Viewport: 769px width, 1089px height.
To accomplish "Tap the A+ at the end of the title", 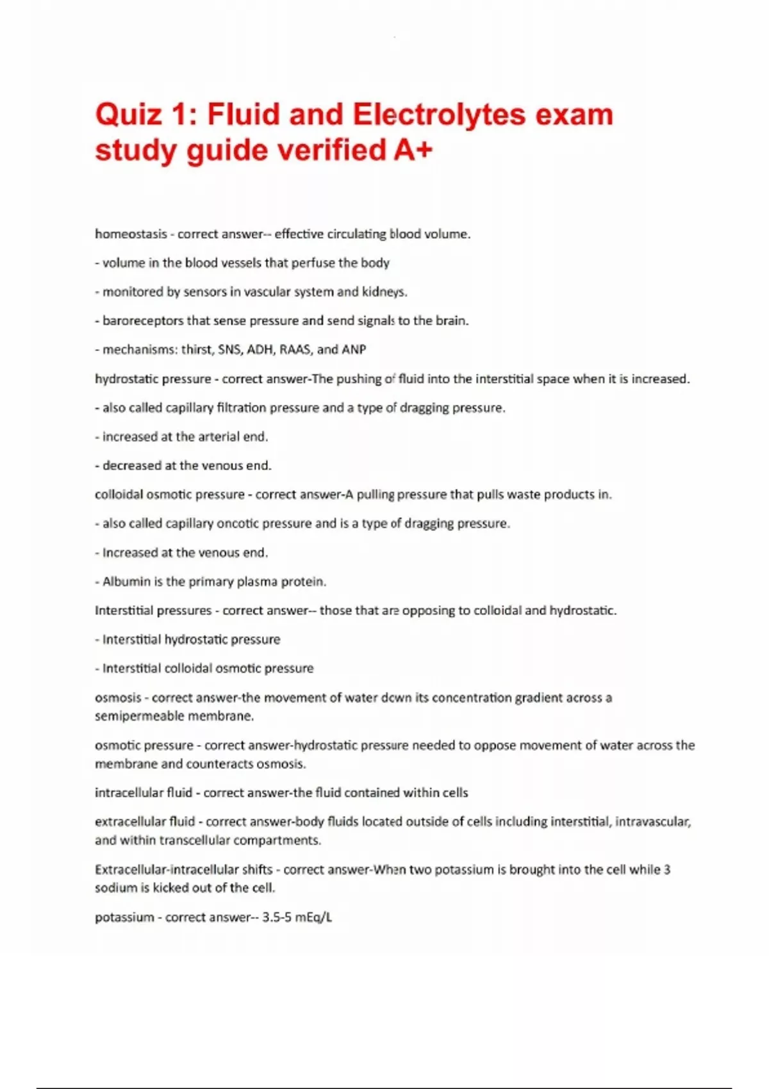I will coord(410,151).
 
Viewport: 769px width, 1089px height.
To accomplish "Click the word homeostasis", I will coord(131,234).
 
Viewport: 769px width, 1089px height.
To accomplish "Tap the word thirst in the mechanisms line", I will coord(196,350).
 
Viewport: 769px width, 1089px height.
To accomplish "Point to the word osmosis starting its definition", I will coord(118,698).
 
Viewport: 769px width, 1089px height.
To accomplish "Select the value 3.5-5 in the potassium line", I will coord(277,917).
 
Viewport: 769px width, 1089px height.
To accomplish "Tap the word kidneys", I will coord(384,292).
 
